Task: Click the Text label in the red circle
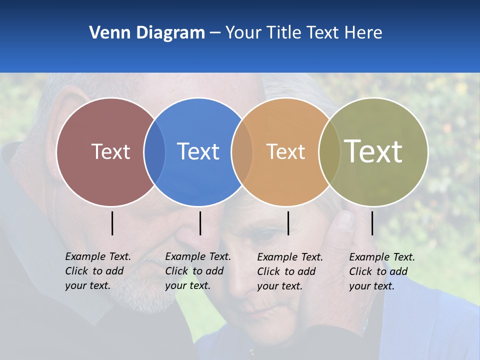click(110, 151)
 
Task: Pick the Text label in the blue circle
click(198, 151)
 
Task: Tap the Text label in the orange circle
click(285, 151)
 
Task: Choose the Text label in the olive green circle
click(373, 151)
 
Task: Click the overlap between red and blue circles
click(154, 152)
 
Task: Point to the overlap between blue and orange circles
click(242, 152)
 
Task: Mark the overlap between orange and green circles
click(329, 152)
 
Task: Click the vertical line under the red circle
click(112, 223)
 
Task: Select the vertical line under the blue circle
click(200, 223)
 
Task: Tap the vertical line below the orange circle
click(288, 223)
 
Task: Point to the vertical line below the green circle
click(372, 223)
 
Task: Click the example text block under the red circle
click(97, 271)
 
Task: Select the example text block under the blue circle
click(197, 271)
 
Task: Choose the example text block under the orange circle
click(289, 271)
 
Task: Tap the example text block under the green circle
click(381, 271)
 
